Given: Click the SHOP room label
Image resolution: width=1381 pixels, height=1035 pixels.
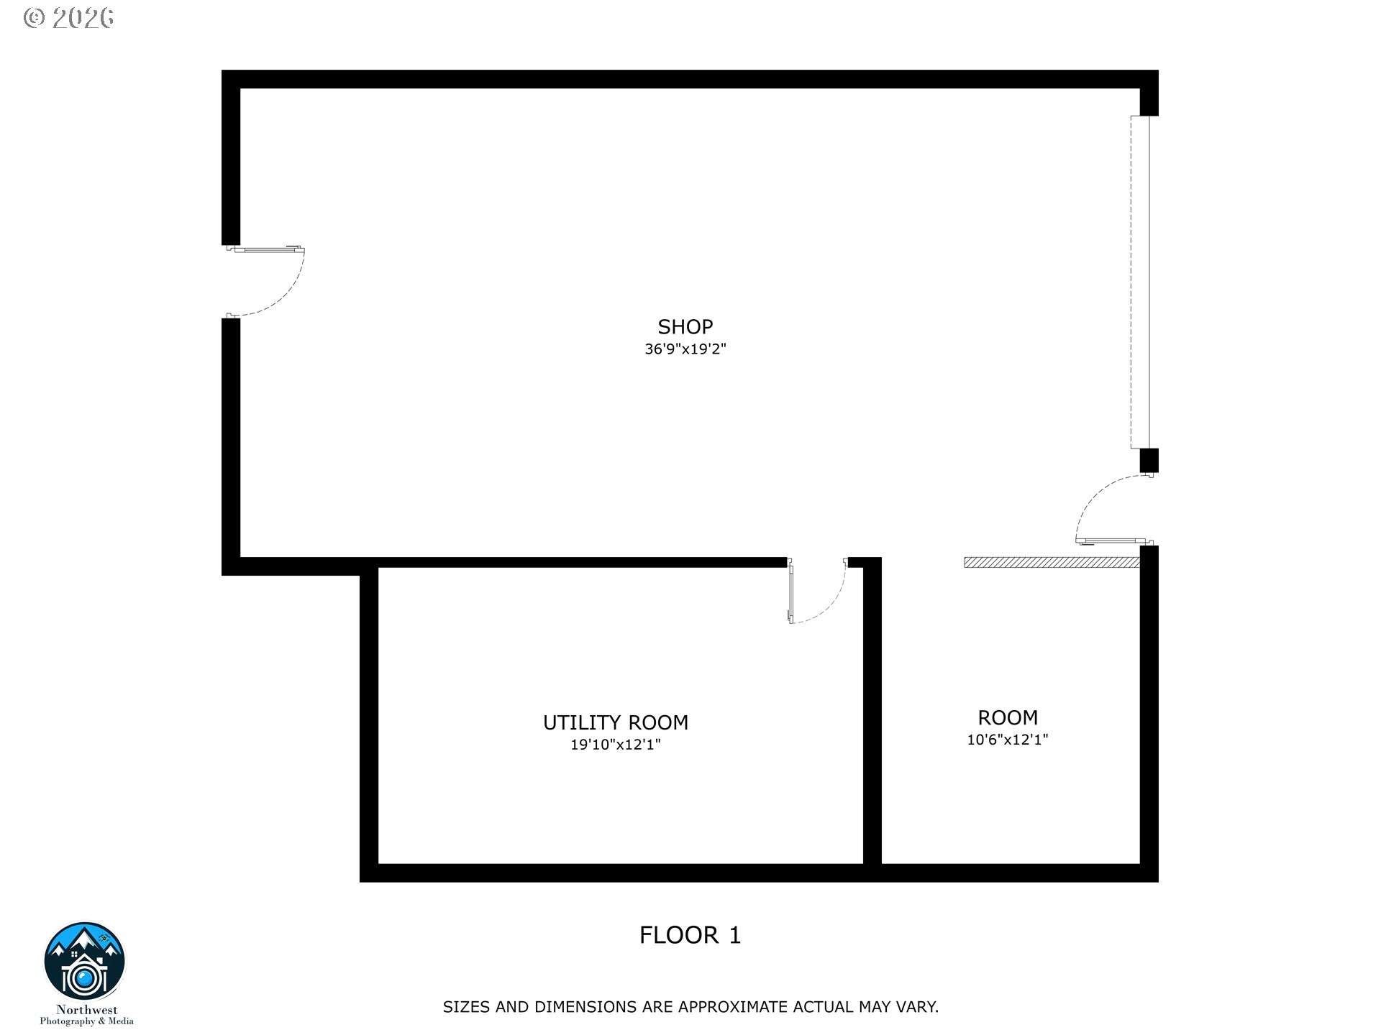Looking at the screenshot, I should (x=685, y=327).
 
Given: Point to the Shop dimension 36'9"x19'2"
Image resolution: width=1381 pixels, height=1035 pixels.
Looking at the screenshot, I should (x=685, y=350).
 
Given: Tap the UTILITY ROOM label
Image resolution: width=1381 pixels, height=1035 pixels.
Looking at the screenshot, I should (x=615, y=722).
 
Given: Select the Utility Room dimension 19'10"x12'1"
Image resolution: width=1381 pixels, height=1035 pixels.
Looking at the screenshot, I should (x=615, y=745).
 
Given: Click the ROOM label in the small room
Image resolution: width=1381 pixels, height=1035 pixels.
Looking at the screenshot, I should (x=1007, y=717).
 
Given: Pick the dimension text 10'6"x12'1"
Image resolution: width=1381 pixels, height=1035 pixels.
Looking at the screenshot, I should (x=1007, y=740).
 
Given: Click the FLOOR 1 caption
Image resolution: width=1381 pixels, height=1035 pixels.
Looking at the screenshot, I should (x=690, y=935).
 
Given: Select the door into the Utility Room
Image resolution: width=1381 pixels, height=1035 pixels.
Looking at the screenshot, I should (x=817, y=591).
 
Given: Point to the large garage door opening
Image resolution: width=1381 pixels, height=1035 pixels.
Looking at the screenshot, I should (x=1140, y=282).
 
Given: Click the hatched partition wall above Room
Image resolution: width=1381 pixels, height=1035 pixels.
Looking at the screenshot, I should (x=1052, y=562).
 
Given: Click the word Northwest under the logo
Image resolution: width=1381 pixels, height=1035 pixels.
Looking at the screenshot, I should (x=86, y=1010).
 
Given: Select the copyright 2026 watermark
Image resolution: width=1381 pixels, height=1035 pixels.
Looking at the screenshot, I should (x=69, y=19).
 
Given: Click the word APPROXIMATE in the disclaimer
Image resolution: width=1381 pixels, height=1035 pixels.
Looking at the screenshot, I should (x=731, y=1007).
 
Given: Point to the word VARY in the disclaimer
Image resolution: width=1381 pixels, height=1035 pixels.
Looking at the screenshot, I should (x=917, y=1007).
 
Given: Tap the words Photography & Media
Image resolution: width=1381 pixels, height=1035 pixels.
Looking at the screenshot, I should (x=86, y=1021).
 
